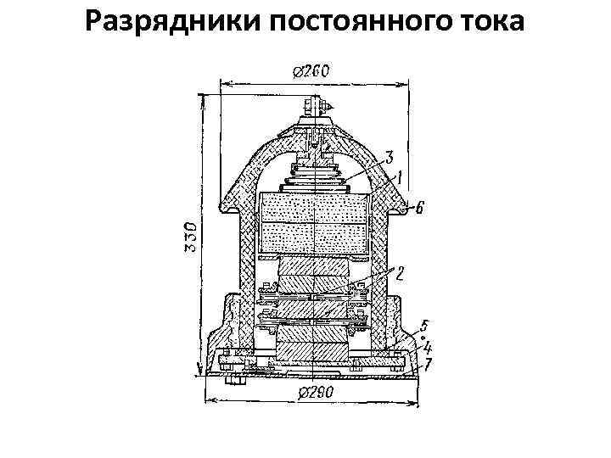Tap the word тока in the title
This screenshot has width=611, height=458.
coord(491,22)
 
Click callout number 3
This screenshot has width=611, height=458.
coord(390,157)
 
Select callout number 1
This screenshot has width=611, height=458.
coord(395,178)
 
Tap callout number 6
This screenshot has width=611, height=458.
coord(420,206)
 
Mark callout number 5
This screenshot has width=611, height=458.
coord(424,325)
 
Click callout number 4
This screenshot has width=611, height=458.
coord(428,346)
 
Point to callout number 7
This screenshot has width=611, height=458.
coord(429,362)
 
